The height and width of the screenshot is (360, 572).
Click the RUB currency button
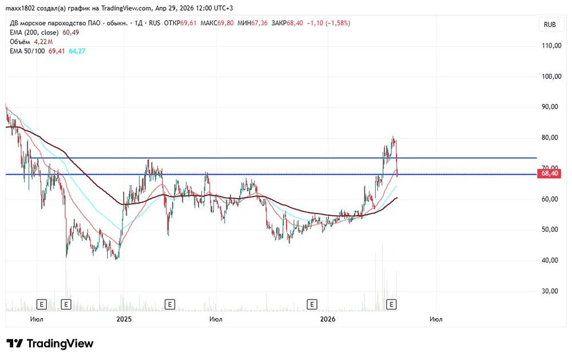click(x=550, y=25)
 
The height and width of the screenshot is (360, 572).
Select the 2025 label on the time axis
click(x=124, y=319)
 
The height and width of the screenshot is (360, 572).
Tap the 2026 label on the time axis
click(x=328, y=319)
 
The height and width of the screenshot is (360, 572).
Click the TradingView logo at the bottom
click(x=50, y=343)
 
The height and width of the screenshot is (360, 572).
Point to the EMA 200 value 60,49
click(x=70, y=33)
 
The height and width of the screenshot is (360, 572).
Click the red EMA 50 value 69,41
click(x=57, y=51)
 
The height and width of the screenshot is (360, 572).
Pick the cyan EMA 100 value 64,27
click(x=77, y=51)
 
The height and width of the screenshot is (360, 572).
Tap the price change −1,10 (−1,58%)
click(x=328, y=23)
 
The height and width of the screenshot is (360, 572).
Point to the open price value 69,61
click(x=189, y=23)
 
